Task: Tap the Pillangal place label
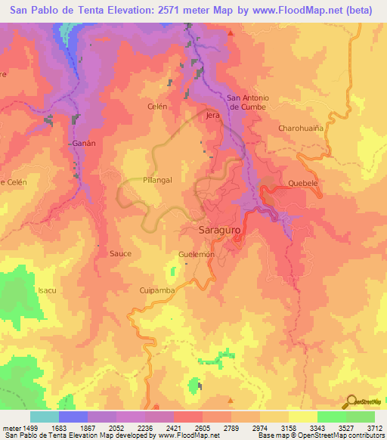pos(158,181)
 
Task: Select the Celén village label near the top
pos(156,107)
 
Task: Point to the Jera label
pos(212,116)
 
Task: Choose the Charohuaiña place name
pos(301,129)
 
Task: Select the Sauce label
pos(121,253)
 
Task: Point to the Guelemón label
pos(197,255)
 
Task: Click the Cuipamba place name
pos(157,290)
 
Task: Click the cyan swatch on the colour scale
pos(45,417)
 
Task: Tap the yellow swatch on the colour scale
pos(302,417)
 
